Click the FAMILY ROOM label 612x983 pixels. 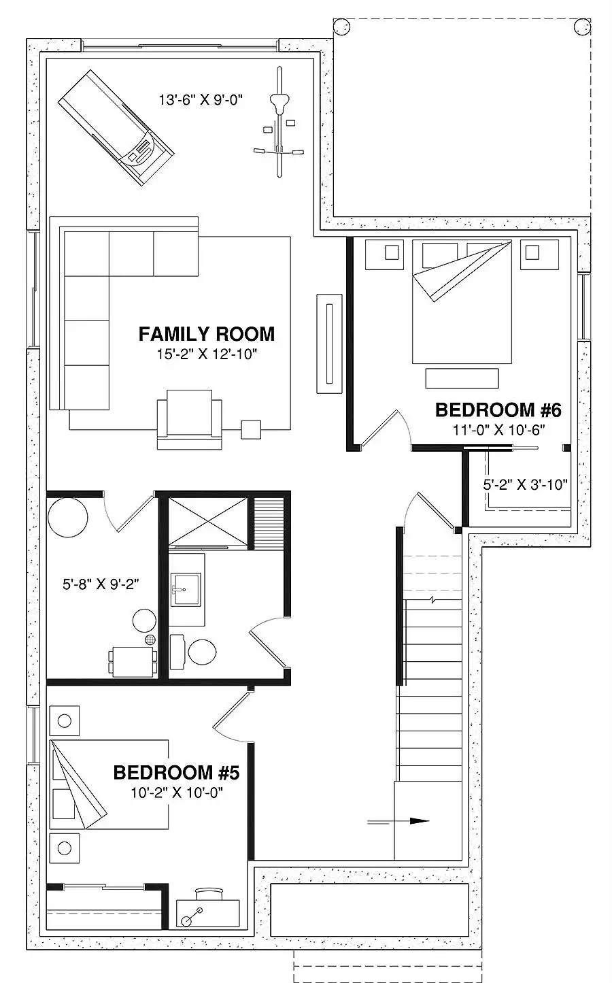tap(207, 334)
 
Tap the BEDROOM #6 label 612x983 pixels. tap(498, 410)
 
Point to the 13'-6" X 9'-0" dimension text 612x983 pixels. tap(201, 100)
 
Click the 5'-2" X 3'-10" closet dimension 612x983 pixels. tap(526, 484)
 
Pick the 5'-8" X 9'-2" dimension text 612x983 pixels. tap(101, 584)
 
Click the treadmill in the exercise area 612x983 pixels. tap(116, 128)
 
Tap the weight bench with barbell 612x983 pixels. tap(279, 122)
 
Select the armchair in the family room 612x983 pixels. tap(190, 420)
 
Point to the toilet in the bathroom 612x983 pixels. tap(194, 651)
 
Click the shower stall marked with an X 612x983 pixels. tap(208, 520)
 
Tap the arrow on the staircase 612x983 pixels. tap(398, 821)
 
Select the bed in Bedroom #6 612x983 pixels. tap(462, 301)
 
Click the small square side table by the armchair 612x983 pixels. tap(251, 429)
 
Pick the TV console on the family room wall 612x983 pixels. tap(330, 344)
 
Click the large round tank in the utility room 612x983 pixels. tap(67, 517)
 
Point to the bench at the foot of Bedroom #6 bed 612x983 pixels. tap(462, 378)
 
